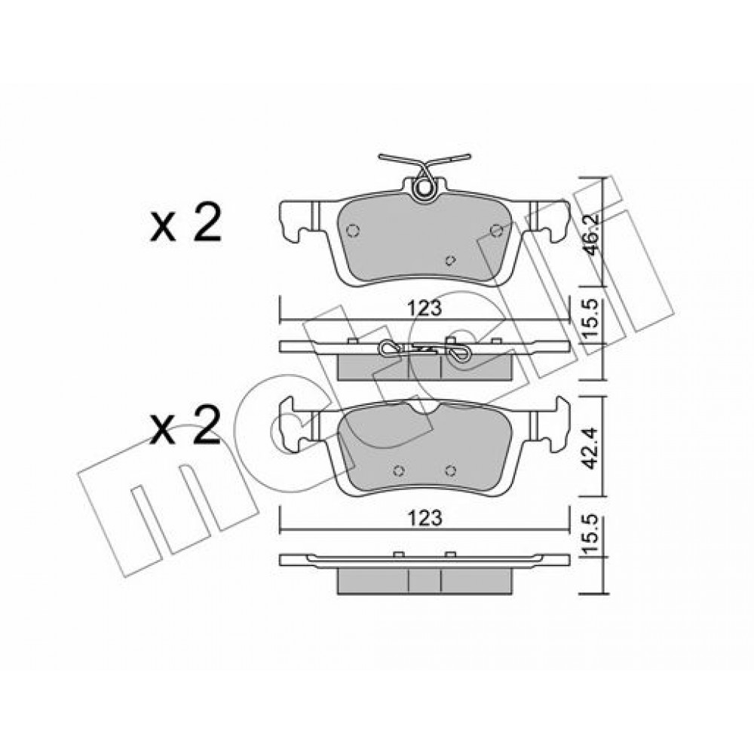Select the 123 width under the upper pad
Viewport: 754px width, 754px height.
426,308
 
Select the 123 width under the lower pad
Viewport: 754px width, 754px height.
426,518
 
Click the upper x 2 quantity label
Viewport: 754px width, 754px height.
185,222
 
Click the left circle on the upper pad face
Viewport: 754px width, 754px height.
353,231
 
